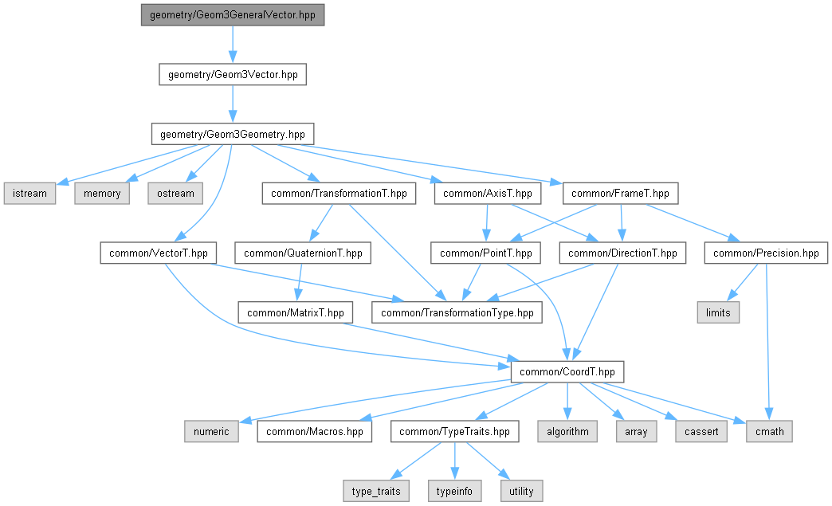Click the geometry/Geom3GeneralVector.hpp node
pos(233,15)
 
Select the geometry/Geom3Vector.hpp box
pos(233,75)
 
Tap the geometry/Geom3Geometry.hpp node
pos(233,134)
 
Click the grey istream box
pos(29,194)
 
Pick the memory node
pos(102,194)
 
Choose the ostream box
pos(175,194)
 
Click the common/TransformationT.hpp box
pos(339,194)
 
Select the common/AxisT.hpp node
pos(488,194)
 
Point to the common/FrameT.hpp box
pos(620,194)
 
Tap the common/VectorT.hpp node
pos(158,253)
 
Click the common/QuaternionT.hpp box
pos(303,253)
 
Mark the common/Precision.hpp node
pos(766,253)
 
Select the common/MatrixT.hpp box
pos(296,312)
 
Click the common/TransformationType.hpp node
pos(457,312)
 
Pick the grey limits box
pos(718,312)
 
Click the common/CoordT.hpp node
pos(567,372)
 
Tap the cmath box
pos(769,431)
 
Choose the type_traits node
pos(376,491)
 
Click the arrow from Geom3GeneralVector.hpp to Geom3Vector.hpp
pos(233,45)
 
